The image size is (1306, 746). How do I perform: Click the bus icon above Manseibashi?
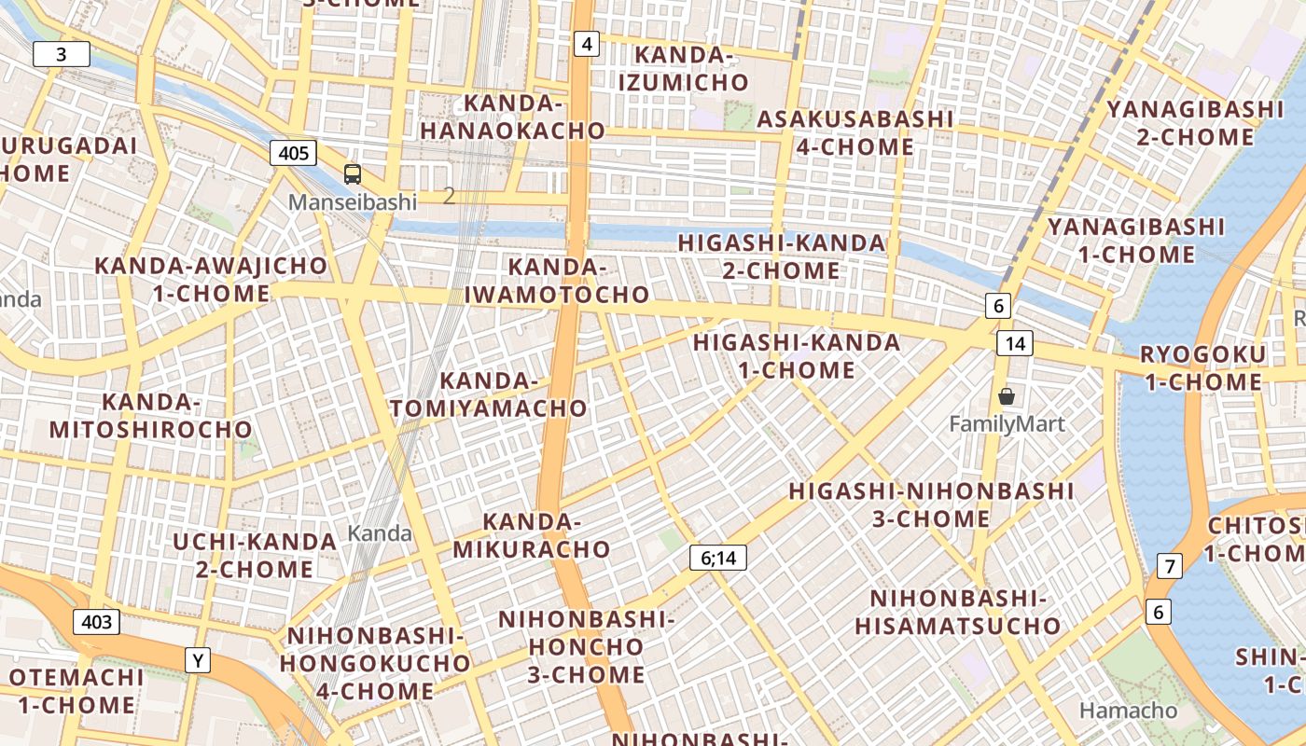pyautogui.click(x=353, y=173)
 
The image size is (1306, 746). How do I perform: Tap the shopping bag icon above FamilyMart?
pyautogui.click(x=1007, y=397)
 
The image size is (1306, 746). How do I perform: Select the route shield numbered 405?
pyautogui.click(x=293, y=153)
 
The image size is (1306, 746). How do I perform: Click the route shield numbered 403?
pyautogui.click(x=97, y=622)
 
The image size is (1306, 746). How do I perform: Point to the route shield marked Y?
pyautogui.click(x=197, y=661)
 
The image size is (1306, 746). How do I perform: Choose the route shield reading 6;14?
pyautogui.click(x=718, y=559)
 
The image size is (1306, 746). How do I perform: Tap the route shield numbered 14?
pyautogui.click(x=1015, y=343)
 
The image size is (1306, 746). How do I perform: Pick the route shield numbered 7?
pyautogui.click(x=1169, y=565)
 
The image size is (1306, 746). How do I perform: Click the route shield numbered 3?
pyautogui.click(x=62, y=54)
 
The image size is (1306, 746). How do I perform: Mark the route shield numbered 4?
pyautogui.click(x=586, y=43)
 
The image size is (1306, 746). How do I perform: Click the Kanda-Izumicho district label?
pyautogui.click(x=684, y=69)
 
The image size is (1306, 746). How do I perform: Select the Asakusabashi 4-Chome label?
pyautogui.click(x=854, y=132)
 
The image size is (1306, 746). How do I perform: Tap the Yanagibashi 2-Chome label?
pyautogui.click(x=1195, y=123)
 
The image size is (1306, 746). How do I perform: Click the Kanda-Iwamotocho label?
pyautogui.click(x=557, y=281)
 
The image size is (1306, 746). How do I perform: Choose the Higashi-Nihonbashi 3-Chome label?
pyautogui.click(x=931, y=504)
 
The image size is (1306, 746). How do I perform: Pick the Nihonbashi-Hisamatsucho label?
pyautogui.click(x=958, y=612)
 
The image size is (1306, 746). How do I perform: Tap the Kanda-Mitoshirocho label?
pyautogui.click(x=151, y=416)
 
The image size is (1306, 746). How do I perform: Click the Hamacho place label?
pyautogui.click(x=1128, y=711)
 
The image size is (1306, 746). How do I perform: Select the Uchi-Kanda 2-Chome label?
pyautogui.click(x=255, y=555)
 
